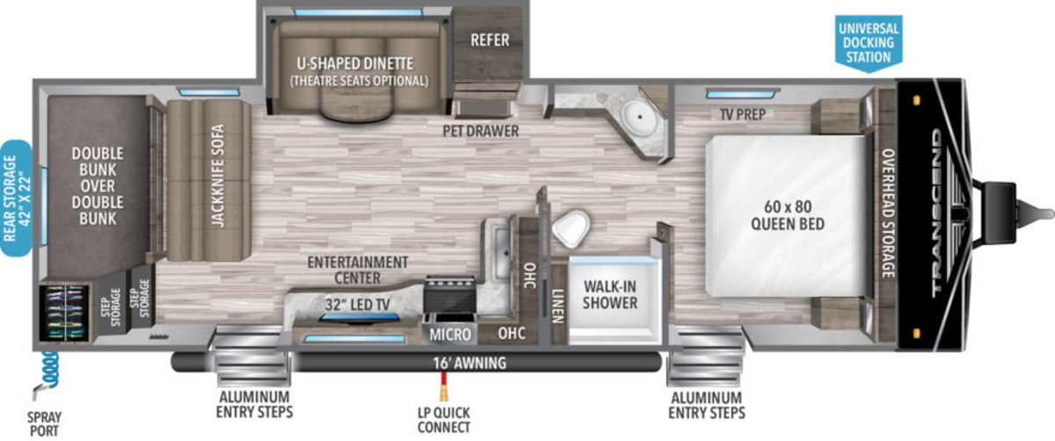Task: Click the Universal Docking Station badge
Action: pos(869,43)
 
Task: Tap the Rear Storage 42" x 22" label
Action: pos(16,199)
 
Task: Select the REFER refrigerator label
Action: pos(490,40)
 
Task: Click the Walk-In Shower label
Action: pos(610,294)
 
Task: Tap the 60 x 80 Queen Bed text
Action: pos(788,215)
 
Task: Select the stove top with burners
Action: pos(450,292)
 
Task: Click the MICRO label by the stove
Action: pos(450,334)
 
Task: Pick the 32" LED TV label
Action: pos(358,305)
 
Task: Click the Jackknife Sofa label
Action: pos(218,176)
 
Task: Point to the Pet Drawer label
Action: pos(480,131)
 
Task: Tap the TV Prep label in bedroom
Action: pos(743,114)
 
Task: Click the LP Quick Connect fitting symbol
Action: pos(443,387)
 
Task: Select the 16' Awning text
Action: pos(469,363)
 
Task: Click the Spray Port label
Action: pos(44,424)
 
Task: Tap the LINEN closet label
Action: pos(558,306)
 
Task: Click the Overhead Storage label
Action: pos(888,213)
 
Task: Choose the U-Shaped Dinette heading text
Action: pos(355,63)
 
